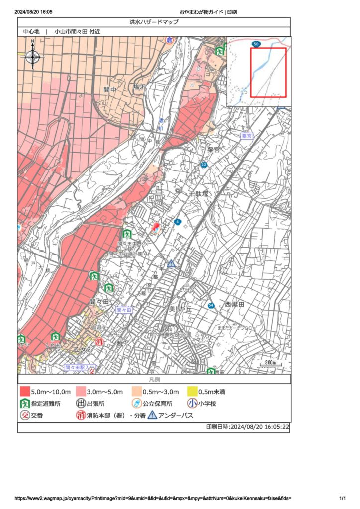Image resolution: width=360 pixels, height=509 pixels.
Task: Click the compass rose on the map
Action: point(33,57)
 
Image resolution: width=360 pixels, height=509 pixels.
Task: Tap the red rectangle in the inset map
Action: point(269,73)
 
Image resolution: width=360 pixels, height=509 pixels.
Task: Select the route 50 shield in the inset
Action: point(256,44)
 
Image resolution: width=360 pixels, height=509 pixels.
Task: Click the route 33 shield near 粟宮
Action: point(204,165)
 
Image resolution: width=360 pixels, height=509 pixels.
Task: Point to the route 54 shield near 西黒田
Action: point(211,305)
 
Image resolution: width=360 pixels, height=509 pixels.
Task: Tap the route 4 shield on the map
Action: point(178,222)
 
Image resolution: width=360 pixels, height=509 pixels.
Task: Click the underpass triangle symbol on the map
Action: point(171,263)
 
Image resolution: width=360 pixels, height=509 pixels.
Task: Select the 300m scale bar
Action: point(270,364)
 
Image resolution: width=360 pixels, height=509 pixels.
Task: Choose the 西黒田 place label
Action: point(234,304)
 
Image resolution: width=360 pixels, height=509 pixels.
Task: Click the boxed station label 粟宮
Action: point(247,136)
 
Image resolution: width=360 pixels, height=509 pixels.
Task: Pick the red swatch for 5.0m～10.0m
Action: point(25,392)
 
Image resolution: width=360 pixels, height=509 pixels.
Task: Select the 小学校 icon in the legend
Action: point(192,404)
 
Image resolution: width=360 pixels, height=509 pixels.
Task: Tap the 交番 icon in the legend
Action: point(25,415)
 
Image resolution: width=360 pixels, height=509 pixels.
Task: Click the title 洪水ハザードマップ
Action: point(154,22)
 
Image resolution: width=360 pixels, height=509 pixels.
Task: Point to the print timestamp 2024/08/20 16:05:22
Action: point(248,427)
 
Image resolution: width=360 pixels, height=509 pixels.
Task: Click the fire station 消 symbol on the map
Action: point(99,341)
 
